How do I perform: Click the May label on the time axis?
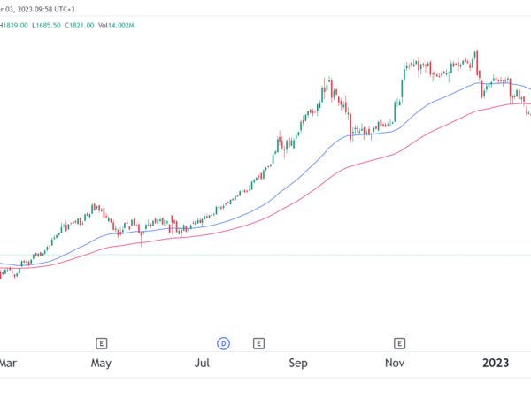click(x=101, y=363)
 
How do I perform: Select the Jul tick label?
click(x=202, y=363)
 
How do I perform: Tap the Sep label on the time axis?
click(x=299, y=363)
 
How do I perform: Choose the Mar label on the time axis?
click(x=8, y=363)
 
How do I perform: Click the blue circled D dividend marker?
click(x=223, y=342)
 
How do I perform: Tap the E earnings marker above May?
click(x=102, y=342)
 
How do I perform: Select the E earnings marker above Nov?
click(x=399, y=342)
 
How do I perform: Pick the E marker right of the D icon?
click(x=258, y=342)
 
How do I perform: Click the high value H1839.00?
click(x=14, y=26)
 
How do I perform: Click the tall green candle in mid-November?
click(x=404, y=80)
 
